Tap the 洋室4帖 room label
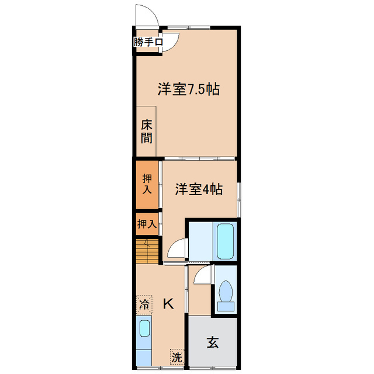199,190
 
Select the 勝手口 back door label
147,42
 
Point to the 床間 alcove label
146,131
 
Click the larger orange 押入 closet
147,185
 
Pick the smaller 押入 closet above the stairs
147,224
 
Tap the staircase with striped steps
147,251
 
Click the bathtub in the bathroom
225,241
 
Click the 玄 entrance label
212,343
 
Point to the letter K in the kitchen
168,304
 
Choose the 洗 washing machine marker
176,355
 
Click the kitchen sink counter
144,339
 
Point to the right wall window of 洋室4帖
238,199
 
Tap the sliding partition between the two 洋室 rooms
199,158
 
